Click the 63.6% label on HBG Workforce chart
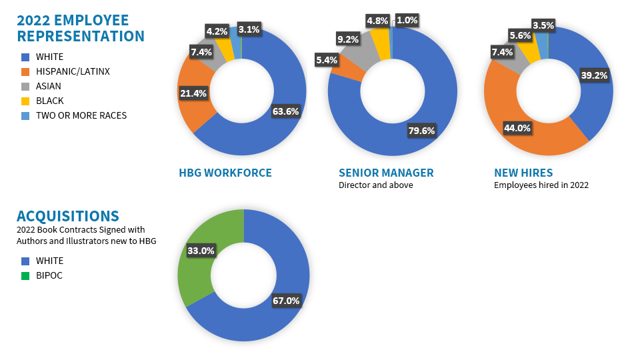[285, 111]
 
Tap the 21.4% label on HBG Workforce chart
[192, 94]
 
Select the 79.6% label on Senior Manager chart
[421, 131]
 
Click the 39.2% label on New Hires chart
[594, 75]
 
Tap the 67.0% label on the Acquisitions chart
[286, 301]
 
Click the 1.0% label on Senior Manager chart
[406, 20]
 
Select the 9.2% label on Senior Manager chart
[348, 39]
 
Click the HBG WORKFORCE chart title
[225, 173]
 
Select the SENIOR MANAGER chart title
[386, 173]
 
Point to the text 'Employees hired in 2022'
[541, 185]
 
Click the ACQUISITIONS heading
[68, 216]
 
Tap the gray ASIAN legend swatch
[25, 86]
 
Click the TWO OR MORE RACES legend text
[81, 115]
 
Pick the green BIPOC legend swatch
[25, 275]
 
